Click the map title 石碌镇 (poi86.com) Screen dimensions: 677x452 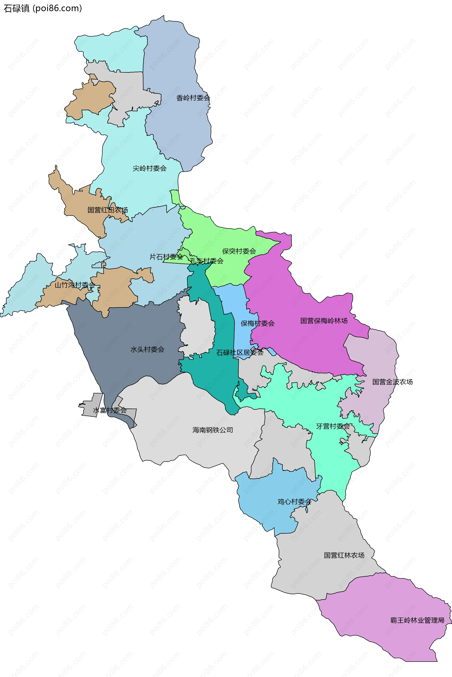click(43, 8)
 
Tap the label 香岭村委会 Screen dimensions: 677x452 click(193, 98)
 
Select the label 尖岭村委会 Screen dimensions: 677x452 click(149, 168)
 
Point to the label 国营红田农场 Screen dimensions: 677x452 click(108, 210)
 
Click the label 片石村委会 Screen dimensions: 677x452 click(166, 257)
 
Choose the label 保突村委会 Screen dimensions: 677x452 click(239, 251)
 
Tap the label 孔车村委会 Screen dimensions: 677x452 click(206, 261)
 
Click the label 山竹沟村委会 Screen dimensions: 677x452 click(75, 285)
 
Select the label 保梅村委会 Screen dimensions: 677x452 click(257, 323)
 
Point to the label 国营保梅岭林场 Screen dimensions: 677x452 click(324, 321)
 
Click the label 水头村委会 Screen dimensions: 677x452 click(147, 349)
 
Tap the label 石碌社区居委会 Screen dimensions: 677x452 click(240, 353)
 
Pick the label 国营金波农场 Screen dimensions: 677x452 click(392, 382)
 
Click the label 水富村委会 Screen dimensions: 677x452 click(109, 410)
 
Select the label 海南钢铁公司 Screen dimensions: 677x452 click(212, 430)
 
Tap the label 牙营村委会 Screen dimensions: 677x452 click(333, 426)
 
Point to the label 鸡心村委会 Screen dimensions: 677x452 click(294, 502)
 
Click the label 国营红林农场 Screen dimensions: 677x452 click(344, 555)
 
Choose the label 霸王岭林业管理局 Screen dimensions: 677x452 click(417, 620)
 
